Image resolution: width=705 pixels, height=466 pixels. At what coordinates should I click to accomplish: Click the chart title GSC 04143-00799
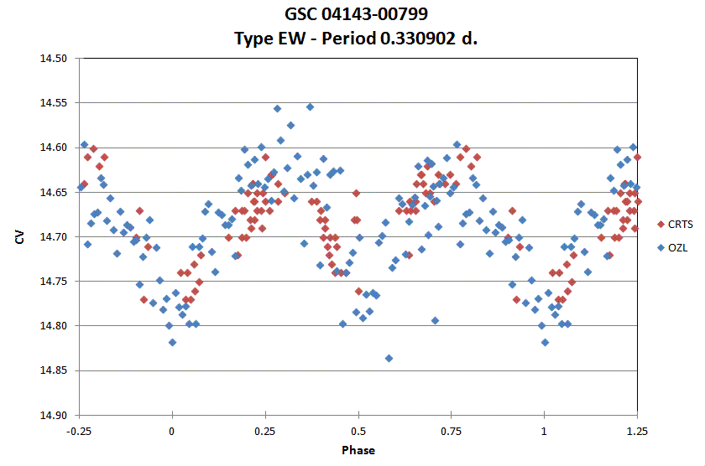tap(352, 14)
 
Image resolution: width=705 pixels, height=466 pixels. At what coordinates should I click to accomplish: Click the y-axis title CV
tap(19, 237)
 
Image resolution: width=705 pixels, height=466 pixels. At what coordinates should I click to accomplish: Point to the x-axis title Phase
tap(358, 450)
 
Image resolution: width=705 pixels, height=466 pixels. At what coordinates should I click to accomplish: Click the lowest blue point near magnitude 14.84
tap(389, 358)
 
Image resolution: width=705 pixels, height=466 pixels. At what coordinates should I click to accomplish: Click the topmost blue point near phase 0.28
tap(277, 108)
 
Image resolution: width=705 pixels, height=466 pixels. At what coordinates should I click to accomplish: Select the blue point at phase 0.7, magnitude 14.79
tap(435, 320)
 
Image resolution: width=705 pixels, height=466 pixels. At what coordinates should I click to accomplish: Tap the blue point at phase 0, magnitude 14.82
tap(172, 342)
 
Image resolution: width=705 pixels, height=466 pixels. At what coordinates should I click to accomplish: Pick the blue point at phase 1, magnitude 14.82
tap(545, 342)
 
